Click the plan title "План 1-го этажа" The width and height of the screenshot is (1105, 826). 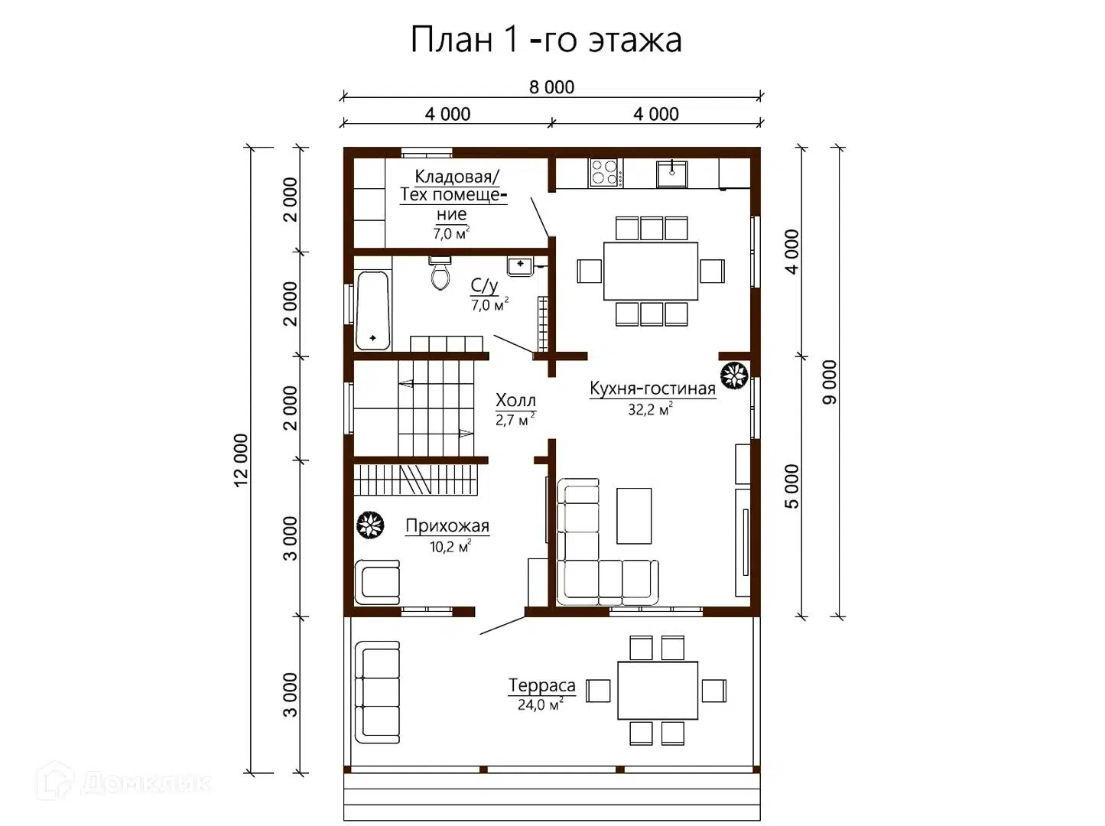[x=545, y=40]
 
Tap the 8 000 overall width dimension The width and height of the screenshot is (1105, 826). [x=551, y=87]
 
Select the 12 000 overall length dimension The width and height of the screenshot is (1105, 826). [x=242, y=460]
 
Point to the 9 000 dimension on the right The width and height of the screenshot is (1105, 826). [x=830, y=382]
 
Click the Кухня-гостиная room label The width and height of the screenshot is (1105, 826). [x=652, y=389]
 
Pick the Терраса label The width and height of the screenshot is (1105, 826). [x=541, y=685]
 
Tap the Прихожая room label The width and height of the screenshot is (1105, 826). [x=447, y=526]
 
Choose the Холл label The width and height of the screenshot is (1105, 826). [x=515, y=400]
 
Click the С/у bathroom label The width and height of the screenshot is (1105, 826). [x=484, y=286]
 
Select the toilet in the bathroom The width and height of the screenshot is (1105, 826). [x=440, y=273]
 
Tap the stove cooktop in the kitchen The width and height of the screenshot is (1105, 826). [x=604, y=172]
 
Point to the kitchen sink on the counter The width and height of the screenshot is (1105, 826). [x=671, y=173]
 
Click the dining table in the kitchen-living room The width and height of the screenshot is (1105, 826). [x=650, y=272]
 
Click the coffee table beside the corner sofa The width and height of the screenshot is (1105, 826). [x=634, y=516]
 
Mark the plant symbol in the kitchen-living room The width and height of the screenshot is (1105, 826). [x=734, y=376]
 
